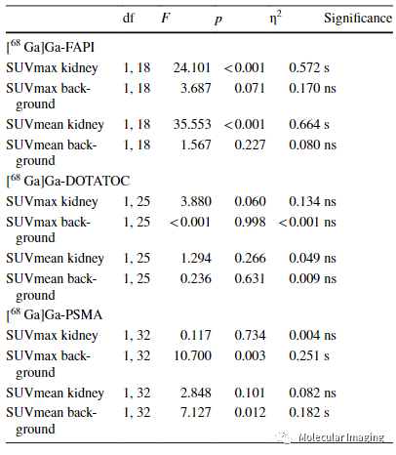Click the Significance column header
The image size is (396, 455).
pos(358,19)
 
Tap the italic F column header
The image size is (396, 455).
pos(166,18)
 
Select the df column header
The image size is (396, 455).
pos(129,18)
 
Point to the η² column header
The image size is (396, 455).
pos(275,18)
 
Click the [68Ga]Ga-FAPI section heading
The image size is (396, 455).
pos(51,48)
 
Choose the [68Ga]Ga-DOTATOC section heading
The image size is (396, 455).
pos(68,181)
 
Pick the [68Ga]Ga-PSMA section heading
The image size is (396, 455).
pos(55,315)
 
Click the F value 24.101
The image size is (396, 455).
pos(192,67)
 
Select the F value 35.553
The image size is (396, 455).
pos(192,124)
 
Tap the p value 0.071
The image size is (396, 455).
pos(250,88)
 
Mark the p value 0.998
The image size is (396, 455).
pos(250,222)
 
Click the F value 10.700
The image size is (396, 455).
pos(192,355)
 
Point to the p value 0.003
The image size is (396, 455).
pos(250,355)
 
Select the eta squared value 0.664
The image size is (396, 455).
pos(304,124)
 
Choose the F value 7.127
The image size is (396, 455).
pos(196,412)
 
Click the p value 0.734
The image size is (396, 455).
pos(250,335)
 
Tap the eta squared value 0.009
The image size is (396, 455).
pos(304,278)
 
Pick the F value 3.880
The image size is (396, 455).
pos(196,201)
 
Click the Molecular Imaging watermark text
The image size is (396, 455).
pos(341,437)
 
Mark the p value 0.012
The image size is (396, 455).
pos(250,412)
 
